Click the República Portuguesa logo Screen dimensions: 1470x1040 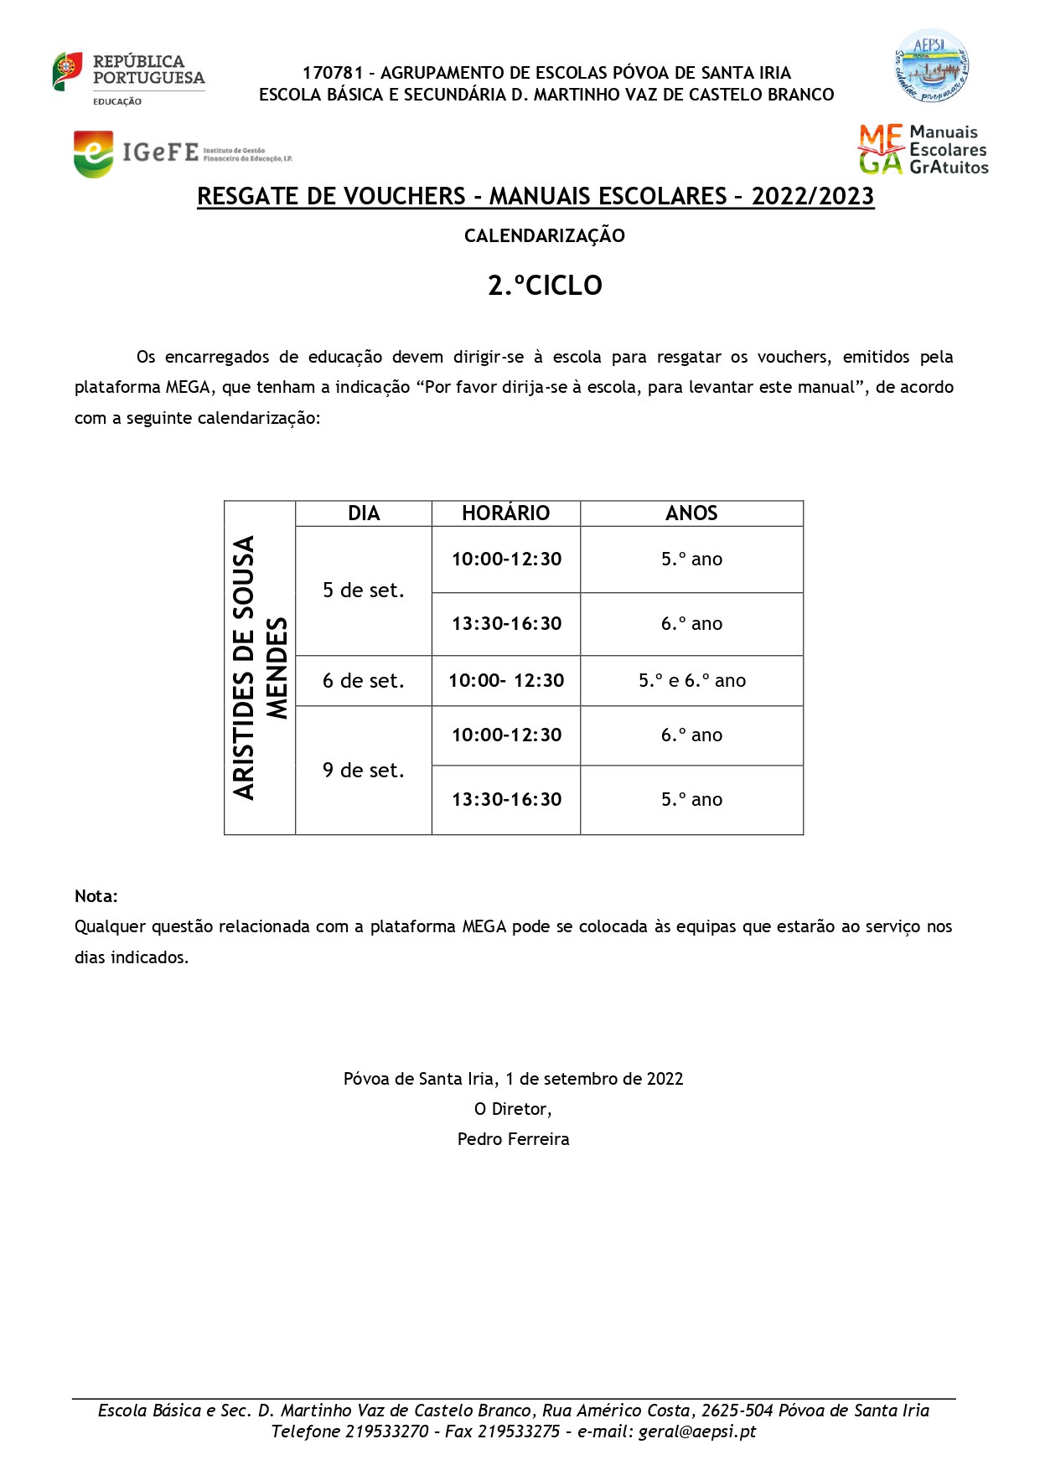point(128,78)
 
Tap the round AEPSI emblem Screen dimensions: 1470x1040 point(931,66)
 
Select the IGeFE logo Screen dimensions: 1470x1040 point(182,153)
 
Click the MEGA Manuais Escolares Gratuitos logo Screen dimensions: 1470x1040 point(923,150)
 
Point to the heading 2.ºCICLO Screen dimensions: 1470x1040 point(545,286)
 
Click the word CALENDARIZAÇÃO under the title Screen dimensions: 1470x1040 point(545,236)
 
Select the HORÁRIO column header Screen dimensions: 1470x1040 point(505,513)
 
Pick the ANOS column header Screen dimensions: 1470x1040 point(691,513)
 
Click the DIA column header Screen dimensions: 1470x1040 point(364,513)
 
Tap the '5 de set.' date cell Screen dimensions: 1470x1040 point(364,591)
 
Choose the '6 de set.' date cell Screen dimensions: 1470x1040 point(364,681)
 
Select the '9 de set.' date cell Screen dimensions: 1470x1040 point(364,771)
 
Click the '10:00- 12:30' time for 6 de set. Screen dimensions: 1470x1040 point(506,681)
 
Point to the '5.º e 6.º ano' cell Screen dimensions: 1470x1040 point(692,681)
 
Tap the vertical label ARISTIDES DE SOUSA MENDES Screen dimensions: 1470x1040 point(260,668)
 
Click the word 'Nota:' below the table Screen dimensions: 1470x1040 point(96,896)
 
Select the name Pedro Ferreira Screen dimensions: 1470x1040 point(513,1139)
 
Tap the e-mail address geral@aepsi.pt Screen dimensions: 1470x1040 point(697,1431)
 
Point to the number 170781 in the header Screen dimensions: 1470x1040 point(333,73)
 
